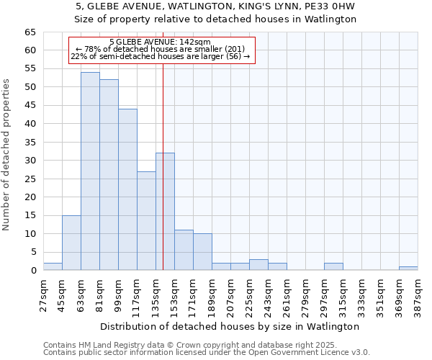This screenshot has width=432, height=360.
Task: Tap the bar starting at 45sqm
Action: pyautogui.click(x=71, y=243)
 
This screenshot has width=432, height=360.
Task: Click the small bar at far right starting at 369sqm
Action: pyautogui.click(x=408, y=268)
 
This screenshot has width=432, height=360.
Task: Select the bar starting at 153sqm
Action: pyautogui.click(x=184, y=250)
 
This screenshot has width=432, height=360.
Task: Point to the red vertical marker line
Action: pyautogui.click(x=163, y=180)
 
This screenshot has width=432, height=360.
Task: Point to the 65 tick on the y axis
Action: pyautogui.click(x=30, y=32)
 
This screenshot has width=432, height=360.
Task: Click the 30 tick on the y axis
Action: pyautogui.click(x=30, y=161)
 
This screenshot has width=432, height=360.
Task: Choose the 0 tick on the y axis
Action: pyautogui.click(x=33, y=271)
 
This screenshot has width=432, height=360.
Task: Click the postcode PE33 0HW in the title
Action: pyautogui.click(x=334, y=6)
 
